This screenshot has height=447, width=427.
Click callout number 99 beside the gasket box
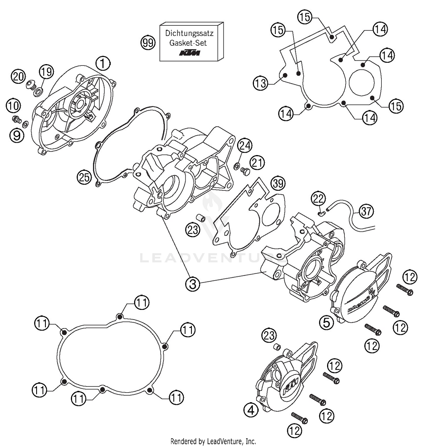148,43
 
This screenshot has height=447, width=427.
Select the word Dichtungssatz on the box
189,33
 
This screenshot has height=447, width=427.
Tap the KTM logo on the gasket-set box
189,53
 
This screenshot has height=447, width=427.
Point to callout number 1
103,63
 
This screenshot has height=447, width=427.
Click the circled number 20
18,77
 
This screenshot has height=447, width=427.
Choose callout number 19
46,72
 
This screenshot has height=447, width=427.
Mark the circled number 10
13,106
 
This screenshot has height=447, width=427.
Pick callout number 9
17,135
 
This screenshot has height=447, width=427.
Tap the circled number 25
84,177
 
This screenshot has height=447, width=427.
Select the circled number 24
245,146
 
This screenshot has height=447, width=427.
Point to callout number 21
257,163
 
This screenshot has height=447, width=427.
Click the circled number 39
278,183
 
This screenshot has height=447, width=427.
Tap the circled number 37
366,211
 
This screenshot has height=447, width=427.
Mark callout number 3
193,284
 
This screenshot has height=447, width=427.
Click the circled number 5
326,322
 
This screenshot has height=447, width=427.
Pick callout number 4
251,410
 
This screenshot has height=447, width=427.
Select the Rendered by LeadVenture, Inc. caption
213,441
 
